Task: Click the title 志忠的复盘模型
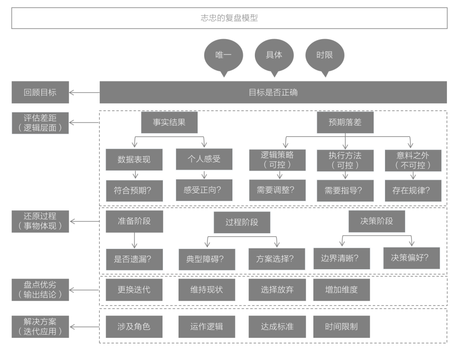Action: click(x=229, y=18)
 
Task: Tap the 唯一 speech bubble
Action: click(x=223, y=56)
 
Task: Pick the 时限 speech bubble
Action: click(x=325, y=56)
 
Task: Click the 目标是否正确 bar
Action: click(x=273, y=92)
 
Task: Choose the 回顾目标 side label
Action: click(x=40, y=92)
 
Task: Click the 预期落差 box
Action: click(x=345, y=123)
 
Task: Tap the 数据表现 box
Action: click(x=134, y=160)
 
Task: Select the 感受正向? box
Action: click(x=204, y=190)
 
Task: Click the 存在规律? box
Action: click(x=408, y=190)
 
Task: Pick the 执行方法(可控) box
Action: click(x=345, y=159)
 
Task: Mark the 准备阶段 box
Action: click(x=134, y=221)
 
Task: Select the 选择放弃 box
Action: click(x=277, y=290)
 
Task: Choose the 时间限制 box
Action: click(x=341, y=327)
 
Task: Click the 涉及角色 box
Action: click(x=134, y=327)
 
